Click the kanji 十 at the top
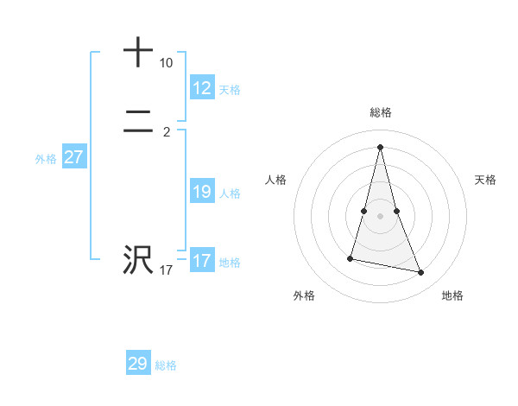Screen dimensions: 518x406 click(138, 53)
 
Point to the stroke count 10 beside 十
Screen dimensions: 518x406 click(166, 63)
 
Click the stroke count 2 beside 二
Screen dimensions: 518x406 click(166, 132)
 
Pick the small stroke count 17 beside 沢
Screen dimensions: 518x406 click(166, 270)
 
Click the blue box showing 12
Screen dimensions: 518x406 click(202, 88)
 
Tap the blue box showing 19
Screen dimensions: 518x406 click(202, 192)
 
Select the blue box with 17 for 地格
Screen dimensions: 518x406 click(202, 261)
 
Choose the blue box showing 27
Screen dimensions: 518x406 click(74, 157)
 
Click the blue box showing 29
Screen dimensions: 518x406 click(138, 364)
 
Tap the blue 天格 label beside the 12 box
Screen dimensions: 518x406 click(230, 90)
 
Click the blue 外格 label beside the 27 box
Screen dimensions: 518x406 click(46, 159)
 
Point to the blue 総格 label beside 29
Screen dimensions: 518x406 click(166, 365)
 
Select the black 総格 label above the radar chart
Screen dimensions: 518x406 click(381, 112)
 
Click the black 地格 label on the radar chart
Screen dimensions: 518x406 click(452, 295)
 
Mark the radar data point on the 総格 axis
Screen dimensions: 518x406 click(380, 147)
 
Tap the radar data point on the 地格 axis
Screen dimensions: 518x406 click(421, 273)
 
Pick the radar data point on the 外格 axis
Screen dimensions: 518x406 click(351, 258)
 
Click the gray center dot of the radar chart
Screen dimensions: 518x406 click(380, 215)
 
